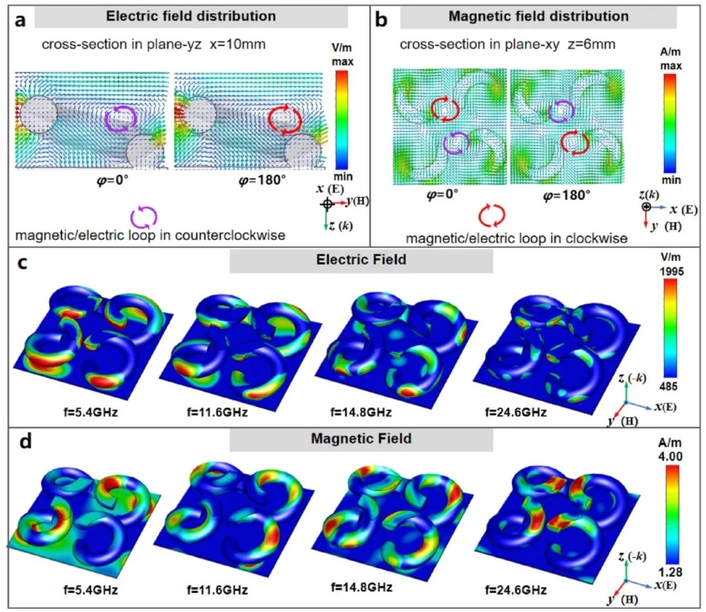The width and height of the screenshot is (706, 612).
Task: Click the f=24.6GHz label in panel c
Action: pyautogui.click(x=514, y=414)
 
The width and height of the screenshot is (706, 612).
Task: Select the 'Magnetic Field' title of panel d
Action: pyautogui.click(x=361, y=440)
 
